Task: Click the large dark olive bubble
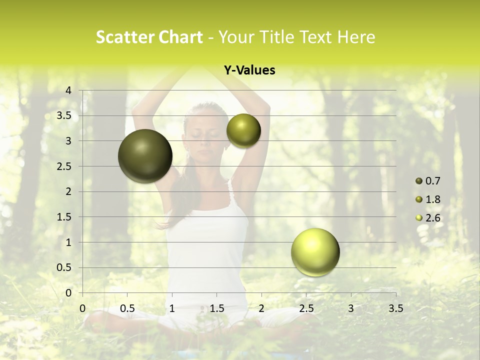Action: pyautogui.click(x=145, y=156)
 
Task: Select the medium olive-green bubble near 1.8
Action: pyautogui.click(x=243, y=131)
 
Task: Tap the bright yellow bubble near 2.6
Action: pyautogui.click(x=315, y=252)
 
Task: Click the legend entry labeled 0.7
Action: pyautogui.click(x=428, y=181)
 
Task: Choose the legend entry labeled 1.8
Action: pyautogui.click(x=428, y=199)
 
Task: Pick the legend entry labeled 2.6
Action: pyautogui.click(x=428, y=218)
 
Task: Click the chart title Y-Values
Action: pyautogui.click(x=249, y=70)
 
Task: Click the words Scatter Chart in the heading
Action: pyautogui.click(x=149, y=37)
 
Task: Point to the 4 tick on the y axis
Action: pyautogui.click(x=68, y=90)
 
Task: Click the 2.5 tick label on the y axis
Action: pyautogui.click(x=64, y=166)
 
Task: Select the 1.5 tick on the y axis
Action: pyautogui.click(x=64, y=217)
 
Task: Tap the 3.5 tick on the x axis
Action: pyautogui.click(x=395, y=308)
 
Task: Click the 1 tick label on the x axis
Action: pyautogui.click(x=172, y=308)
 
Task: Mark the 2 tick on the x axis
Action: pyautogui.click(x=261, y=308)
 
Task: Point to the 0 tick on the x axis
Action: pyautogui.click(x=82, y=308)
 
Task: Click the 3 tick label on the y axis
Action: pyautogui.click(x=68, y=141)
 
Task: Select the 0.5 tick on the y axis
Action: pyautogui.click(x=64, y=268)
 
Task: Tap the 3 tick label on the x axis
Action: pyautogui.click(x=351, y=308)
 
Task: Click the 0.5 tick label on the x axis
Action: pyautogui.click(x=127, y=308)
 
